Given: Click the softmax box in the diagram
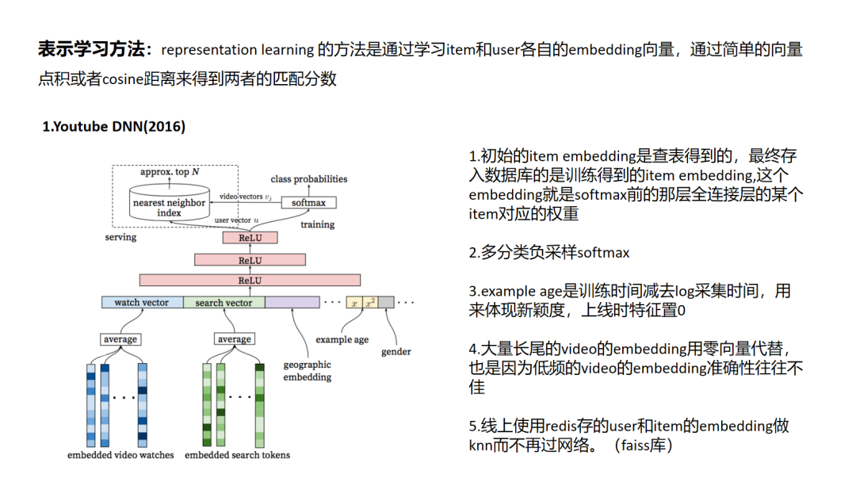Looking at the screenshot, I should tap(309, 202).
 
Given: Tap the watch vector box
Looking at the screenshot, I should tap(143, 302).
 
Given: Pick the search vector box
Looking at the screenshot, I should tap(224, 302).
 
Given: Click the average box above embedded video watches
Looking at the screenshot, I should tap(120, 339).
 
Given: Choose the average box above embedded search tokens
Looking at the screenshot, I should tap(234, 339).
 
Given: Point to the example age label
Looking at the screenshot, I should tap(342, 339).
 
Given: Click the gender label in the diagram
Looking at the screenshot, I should tap(396, 351).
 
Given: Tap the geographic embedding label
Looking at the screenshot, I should tap(308, 371).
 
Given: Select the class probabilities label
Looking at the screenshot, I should tap(309, 179).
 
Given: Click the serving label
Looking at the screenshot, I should tap(120, 237).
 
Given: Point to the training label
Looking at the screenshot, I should tap(317, 224).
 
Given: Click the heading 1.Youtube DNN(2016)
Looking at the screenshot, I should tap(114, 127).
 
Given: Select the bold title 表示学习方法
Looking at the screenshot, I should tap(94, 50).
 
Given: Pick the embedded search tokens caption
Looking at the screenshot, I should tap(237, 455).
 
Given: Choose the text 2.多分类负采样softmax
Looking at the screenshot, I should tap(549, 253).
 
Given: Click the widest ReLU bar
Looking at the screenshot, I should tap(250, 280).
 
